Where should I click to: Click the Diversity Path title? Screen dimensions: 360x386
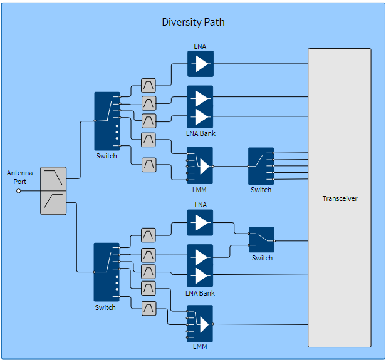[x=193, y=23]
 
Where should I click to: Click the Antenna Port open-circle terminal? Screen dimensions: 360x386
[x=18, y=191]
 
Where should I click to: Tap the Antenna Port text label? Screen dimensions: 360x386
[x=19, y=177]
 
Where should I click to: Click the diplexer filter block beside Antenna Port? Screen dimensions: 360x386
[x=53, y=191]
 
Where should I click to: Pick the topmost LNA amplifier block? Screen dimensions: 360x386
[x=201, y=64]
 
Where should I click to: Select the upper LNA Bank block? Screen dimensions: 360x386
[x=201, y=107]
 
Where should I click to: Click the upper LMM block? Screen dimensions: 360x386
[x=201, y=165]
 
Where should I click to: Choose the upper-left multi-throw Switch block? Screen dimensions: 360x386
[x=107, y=121]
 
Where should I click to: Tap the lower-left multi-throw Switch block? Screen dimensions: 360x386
[x=106, y=272]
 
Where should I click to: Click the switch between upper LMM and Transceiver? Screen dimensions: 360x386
[x=261, y=166]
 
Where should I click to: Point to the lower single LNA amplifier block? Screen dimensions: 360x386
[x=201, y=222]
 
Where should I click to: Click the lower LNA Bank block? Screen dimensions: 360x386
[x=201, y=266]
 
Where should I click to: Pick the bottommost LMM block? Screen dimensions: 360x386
[x=201, y=323]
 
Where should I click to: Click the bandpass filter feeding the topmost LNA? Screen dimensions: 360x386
[x=149, y=85]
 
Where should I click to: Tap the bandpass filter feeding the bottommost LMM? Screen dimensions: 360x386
[x=149, y=309]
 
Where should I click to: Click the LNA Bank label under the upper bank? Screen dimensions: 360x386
[x=201, y=134]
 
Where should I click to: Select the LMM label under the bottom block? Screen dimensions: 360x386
[x=200, y=346]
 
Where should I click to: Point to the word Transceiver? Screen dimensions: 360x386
[x=340, y=198]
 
